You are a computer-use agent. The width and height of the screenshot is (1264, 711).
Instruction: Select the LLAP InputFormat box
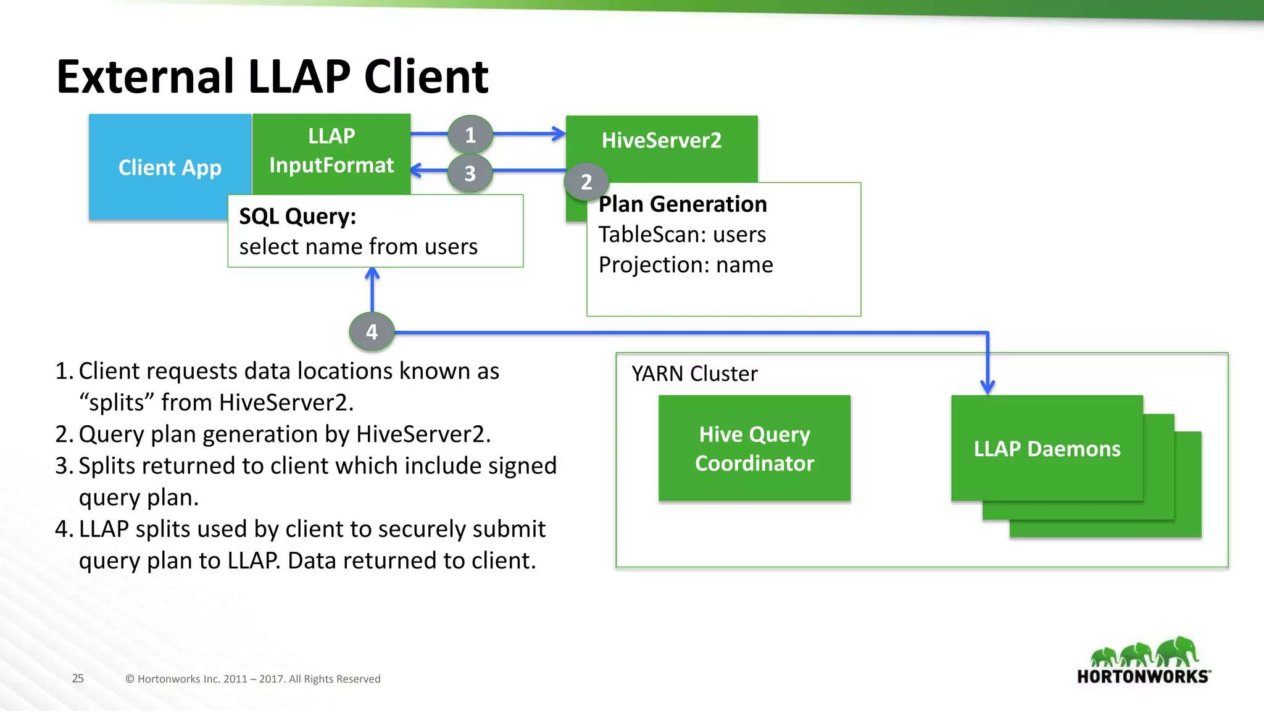tap(331, 151)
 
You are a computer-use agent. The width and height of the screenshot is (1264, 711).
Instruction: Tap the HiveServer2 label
tap(661, 140)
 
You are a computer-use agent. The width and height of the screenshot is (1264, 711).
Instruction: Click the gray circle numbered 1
tap(470, 135)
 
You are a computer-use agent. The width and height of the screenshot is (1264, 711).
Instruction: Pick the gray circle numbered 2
tap(586, 181)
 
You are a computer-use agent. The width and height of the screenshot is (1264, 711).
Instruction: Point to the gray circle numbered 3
tap(470, 173)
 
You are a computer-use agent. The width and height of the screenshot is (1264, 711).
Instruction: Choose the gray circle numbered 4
tap(372, 332)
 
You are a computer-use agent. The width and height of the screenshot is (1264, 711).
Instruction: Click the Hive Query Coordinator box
tap(754, 449)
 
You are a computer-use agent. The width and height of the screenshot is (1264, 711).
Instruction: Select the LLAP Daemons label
tap(1047, 449)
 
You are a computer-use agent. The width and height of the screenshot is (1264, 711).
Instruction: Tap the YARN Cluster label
tap(694, 373)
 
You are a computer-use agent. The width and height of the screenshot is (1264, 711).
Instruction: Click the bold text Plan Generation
tap(683, 204)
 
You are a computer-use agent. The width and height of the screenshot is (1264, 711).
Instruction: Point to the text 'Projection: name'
tap(686, 265)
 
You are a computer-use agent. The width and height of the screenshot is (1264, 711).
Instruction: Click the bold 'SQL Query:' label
tap(297, 217)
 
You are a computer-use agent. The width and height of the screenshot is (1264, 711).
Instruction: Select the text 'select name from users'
tap(358, 247)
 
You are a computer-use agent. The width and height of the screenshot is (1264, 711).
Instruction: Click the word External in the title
tap(146, 77)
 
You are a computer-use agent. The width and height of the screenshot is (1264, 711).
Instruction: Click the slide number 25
tap(78, 678)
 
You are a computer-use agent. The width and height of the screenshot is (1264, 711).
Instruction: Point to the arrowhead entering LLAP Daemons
tap(987, 388)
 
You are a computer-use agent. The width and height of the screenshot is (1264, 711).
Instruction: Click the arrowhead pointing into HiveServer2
tap(559, 134)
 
